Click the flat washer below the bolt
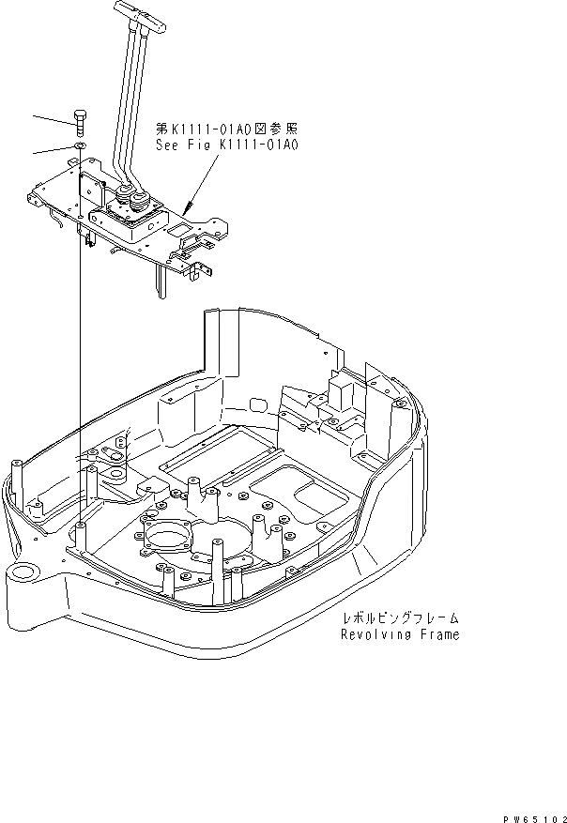pos(80,146)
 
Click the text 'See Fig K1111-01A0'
pos(226,145)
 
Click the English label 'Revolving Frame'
pos(400,634)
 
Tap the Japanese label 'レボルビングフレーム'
pos(401,618)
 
